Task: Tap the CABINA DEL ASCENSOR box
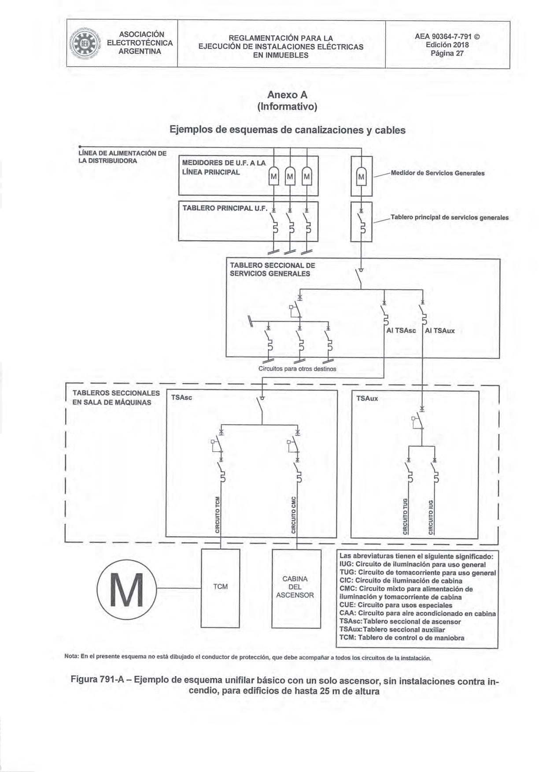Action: coord(295,587)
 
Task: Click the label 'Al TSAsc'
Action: coord(401,331)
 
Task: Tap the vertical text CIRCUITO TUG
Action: coord(406,516)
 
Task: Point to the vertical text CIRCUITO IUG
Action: coord(431,516)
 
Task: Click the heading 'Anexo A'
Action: coord(287,95)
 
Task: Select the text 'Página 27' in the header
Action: coord(447,54)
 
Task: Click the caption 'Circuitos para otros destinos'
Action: coord(297,369)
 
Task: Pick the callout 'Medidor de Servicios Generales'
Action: coord(437,173)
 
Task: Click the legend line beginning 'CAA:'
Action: coord(417,613)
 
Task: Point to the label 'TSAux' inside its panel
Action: coord(367,399)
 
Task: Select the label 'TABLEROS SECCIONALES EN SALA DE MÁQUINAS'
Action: coord(115,397)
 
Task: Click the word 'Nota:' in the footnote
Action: coord(71,658)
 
